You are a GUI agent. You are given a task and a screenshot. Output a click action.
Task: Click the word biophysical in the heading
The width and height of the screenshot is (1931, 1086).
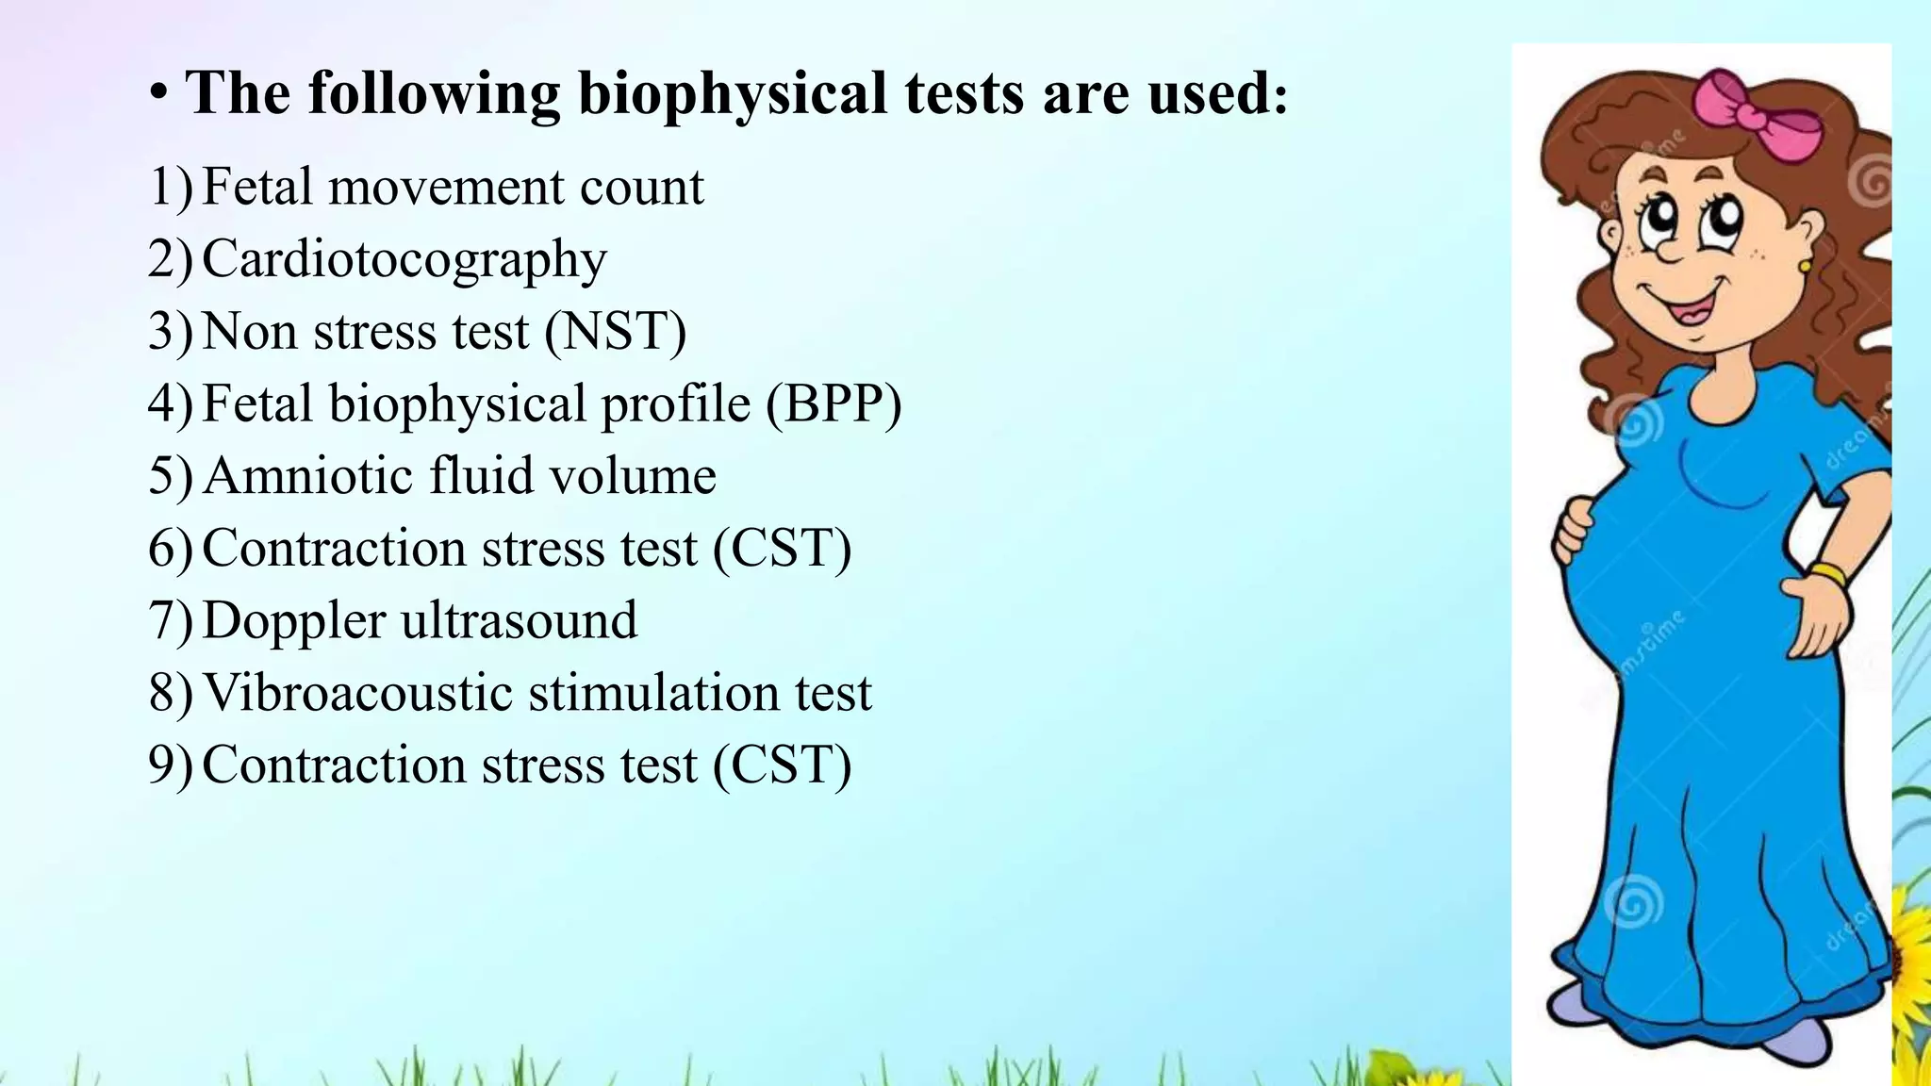click(x=732, y=94)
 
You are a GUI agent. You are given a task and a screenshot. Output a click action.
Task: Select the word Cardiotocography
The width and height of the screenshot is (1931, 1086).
click(x=404, y=259)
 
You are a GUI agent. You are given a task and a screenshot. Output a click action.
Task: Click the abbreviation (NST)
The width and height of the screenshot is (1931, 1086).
click(x=615, y=332)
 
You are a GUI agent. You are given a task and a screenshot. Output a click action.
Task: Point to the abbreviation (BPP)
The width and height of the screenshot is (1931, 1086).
click(x=833, y=404)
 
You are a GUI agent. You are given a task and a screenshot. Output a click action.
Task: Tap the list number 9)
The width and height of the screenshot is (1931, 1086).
click(x=170, y=765)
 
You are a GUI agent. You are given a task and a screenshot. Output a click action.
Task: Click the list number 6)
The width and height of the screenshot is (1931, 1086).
click(x=170, y=549)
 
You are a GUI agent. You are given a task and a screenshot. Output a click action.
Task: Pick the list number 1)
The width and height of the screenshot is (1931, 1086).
click(x=170, y=188)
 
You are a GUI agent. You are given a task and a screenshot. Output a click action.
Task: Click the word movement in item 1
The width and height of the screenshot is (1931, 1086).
click(x=446, y=188)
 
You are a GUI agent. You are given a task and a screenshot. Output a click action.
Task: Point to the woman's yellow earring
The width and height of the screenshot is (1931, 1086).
click(x=1805, y=267)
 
